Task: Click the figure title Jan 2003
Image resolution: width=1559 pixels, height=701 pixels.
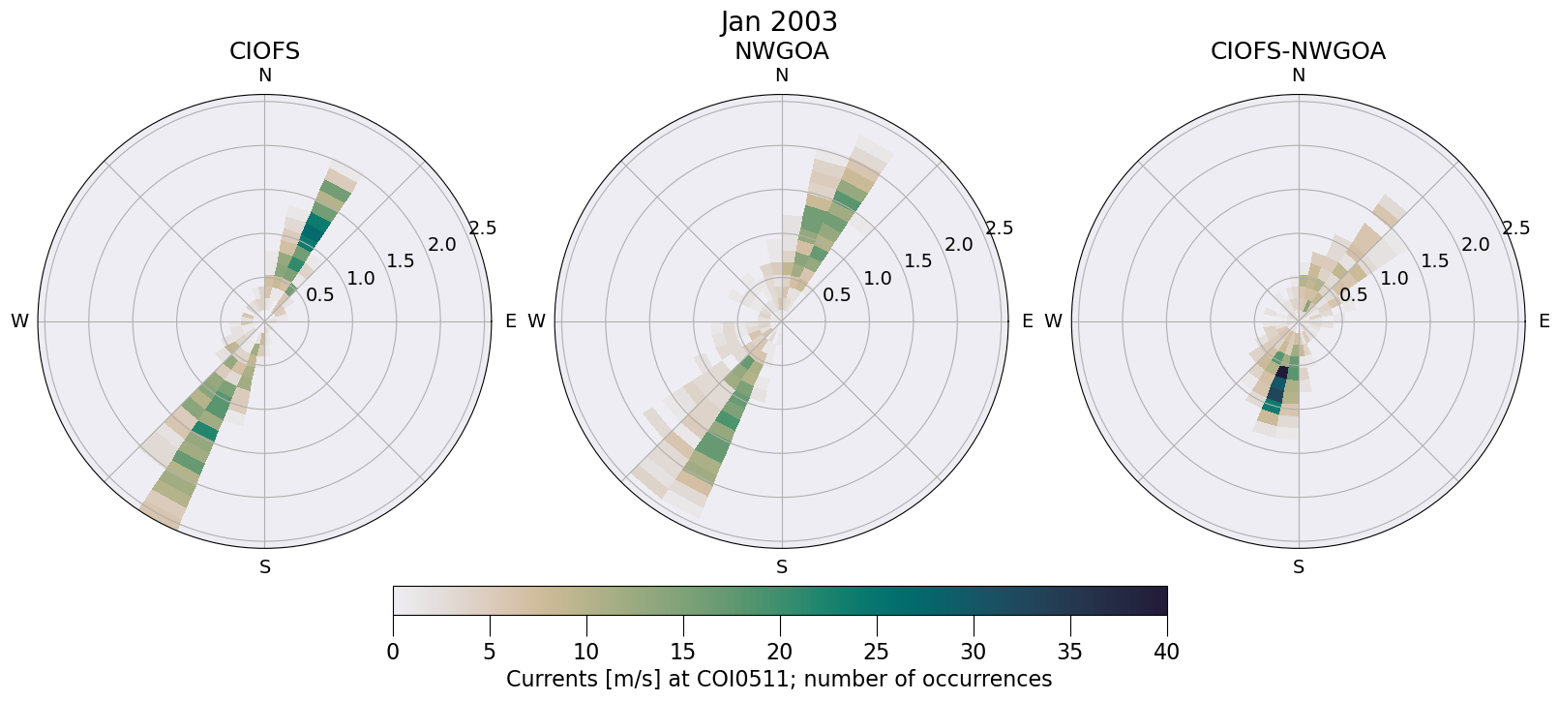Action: (779, 21)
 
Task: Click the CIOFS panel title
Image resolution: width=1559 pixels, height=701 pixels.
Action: (264, 51)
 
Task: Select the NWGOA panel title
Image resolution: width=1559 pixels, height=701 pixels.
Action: (781, 51)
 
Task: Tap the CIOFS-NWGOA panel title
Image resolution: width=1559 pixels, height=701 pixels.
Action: (1298, 51)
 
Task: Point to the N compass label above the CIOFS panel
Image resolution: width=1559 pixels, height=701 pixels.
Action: (264, 76)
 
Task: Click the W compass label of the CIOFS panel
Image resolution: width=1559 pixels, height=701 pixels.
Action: (19, 321)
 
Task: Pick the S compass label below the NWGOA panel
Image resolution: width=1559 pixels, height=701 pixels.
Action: (782, 567)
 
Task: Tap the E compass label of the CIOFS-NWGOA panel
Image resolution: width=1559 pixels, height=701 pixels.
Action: (1544, 321)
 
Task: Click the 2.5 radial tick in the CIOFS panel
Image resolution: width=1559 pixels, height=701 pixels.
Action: (482, 229)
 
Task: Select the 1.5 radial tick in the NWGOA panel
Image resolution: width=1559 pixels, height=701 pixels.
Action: (917, 260)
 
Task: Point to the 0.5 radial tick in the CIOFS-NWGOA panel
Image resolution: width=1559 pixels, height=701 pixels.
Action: (1353, 294)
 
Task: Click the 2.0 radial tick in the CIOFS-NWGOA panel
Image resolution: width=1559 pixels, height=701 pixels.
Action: (1475, 245)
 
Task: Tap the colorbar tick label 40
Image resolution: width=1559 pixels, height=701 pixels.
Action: (1166, 653)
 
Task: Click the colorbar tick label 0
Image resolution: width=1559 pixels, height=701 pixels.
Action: (393, 653)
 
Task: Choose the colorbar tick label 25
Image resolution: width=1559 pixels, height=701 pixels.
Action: (877, 653)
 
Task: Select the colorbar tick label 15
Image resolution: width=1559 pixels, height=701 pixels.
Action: (683, 653)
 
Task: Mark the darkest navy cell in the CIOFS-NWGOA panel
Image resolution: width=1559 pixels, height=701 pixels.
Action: (1281, 373)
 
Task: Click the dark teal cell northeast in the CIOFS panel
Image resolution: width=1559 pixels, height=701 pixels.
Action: (313, 230)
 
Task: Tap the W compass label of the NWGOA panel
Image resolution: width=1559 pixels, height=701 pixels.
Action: (536, 321)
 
